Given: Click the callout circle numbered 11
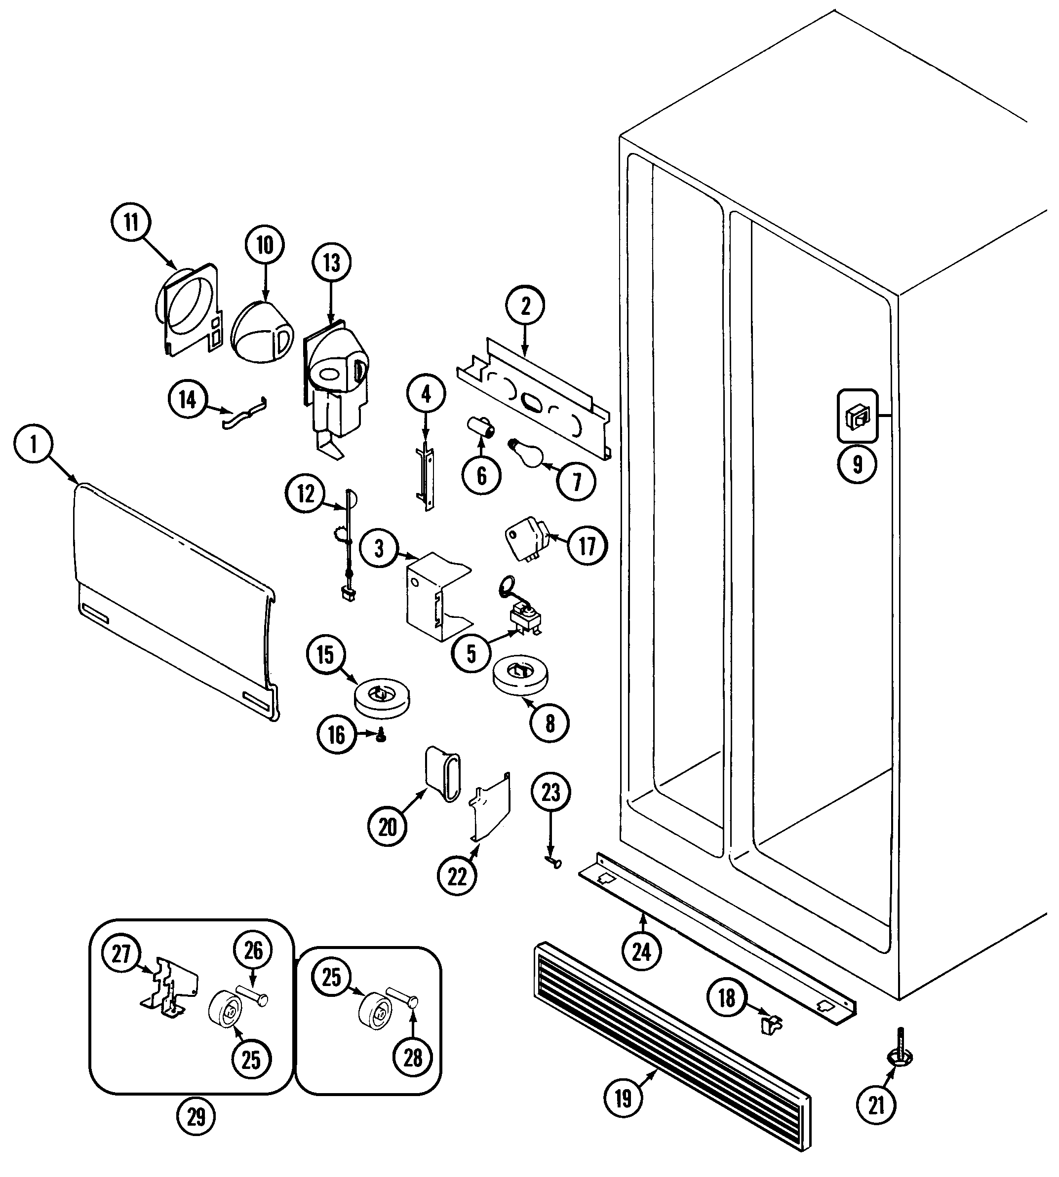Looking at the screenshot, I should (x=131, y=222).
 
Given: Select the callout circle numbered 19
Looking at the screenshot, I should (x=623, y=1099).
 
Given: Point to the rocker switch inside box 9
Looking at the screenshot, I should (x=857, y=418).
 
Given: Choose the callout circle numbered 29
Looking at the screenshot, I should (x=196, y=1116).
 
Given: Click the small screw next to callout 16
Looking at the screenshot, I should (x=382, y=737).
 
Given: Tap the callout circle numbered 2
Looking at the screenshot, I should (x=525, y=306).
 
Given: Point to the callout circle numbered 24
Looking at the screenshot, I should (x=641, y=952).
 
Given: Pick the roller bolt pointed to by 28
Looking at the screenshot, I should (x=403, y=997).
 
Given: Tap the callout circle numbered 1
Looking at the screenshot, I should (x=33, y=446).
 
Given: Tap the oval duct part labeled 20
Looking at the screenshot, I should (x=443, y=776).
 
